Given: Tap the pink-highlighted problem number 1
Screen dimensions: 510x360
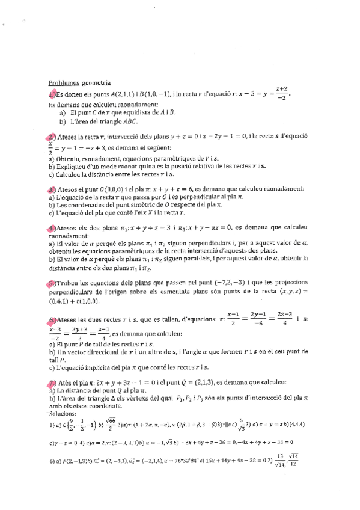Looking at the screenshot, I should click(x=52, y=95).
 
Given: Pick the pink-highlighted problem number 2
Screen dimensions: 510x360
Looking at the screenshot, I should click(x=52, y=137).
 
